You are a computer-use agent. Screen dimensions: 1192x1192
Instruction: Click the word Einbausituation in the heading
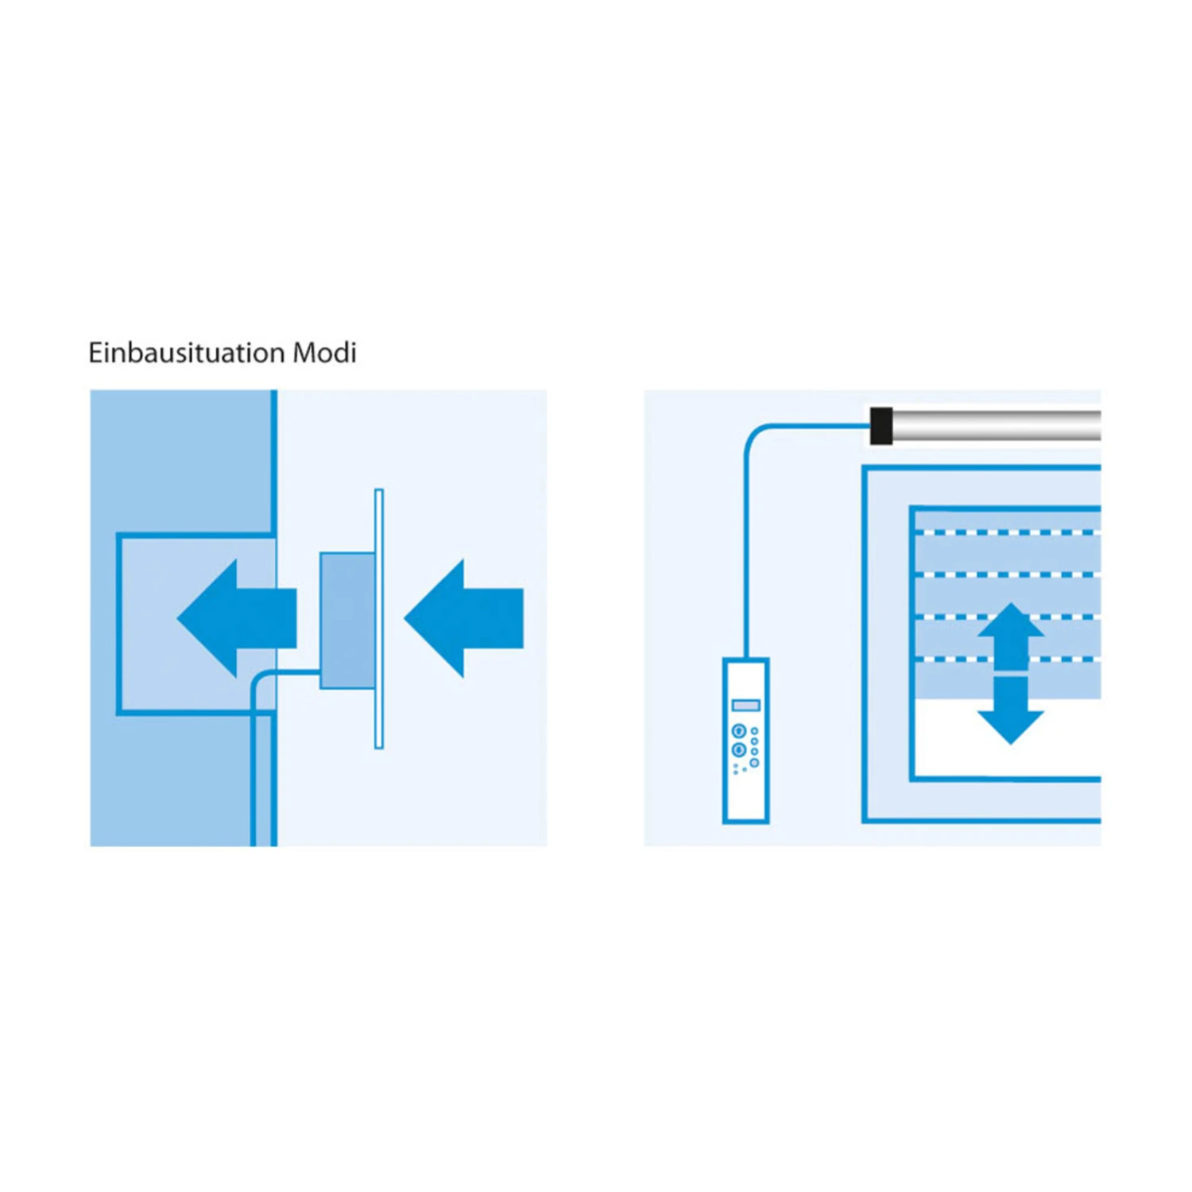[x=188, y=352]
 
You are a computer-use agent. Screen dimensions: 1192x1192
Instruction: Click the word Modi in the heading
[x=324, y=352]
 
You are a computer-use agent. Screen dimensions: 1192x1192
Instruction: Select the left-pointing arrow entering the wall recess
[x=237, y=618]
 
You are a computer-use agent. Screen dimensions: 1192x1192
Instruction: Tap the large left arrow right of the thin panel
[x=464, y=618]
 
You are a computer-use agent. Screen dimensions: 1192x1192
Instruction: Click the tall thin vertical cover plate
[x=379, y=618]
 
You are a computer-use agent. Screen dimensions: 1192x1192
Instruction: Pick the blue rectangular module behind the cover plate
[x=347, y=621]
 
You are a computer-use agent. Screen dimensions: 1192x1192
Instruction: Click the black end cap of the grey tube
[x=881, y=426]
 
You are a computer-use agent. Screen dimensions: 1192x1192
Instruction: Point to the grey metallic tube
[x=997, y=426]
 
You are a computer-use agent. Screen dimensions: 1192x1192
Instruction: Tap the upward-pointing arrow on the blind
[x=1010, y=637]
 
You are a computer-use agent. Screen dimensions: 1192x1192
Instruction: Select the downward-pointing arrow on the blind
[x=1010, y=710]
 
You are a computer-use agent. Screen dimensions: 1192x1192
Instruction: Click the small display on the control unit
[x=745, y=706]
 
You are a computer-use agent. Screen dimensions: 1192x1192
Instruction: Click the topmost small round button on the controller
[x=754, y=731]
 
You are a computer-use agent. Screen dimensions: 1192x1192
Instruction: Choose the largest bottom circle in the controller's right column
[x=754, y=763]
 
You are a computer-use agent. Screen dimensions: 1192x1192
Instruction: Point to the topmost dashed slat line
[x=1008, y=532]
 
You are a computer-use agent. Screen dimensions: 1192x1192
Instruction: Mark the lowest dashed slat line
[x=1008, y=659]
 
